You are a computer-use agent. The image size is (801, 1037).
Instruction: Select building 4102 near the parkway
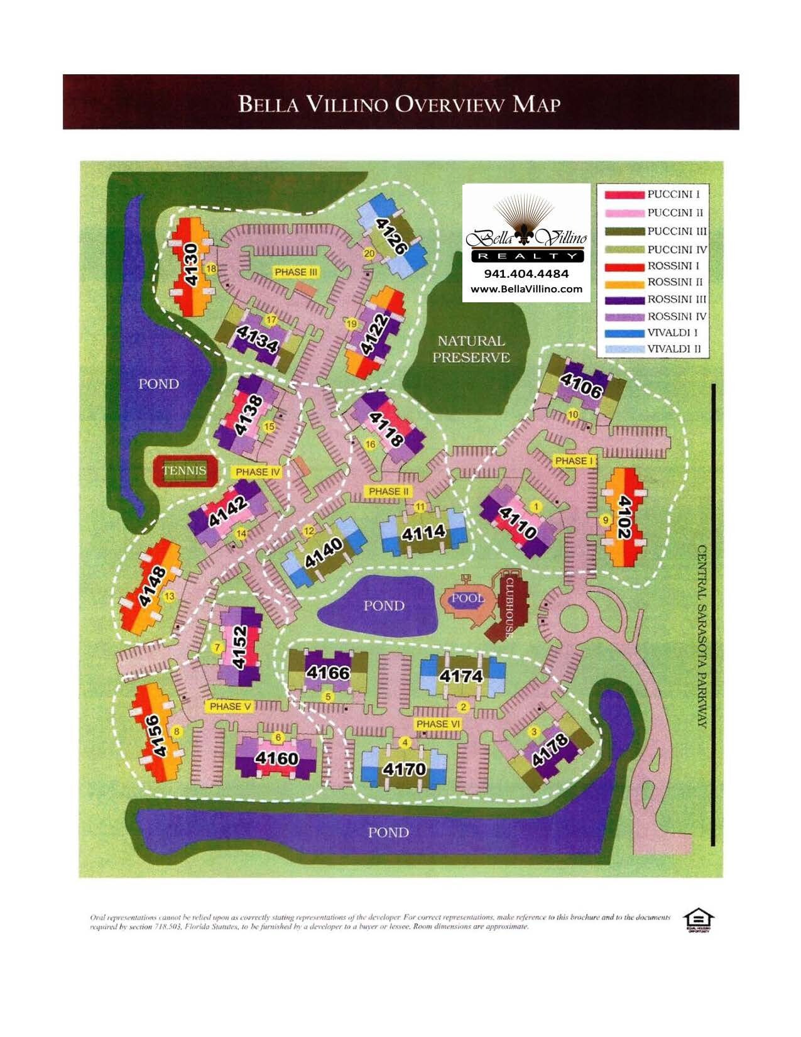coord(623,517)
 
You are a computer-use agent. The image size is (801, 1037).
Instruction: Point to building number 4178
coord(550,749)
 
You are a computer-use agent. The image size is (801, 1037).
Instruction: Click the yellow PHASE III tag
coord(296,272)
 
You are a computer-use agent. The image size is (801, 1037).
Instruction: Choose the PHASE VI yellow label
coord(438,724)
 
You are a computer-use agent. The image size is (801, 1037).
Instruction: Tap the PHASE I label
coord(574,461)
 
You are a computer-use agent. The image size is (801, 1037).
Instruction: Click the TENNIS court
coord(185,471)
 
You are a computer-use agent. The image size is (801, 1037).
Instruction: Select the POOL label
coord(467,598)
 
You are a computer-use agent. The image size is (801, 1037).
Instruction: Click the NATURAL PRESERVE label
coord(471,349)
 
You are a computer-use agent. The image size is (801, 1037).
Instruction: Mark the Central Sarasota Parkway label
coord(702,636)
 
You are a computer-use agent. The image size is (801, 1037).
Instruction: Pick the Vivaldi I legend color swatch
coord(625,333)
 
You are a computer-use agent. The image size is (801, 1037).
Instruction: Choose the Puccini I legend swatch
coord(625,195)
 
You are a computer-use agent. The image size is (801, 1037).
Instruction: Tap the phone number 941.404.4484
coord(526,274)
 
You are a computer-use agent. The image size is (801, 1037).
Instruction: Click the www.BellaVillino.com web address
coord(526,289)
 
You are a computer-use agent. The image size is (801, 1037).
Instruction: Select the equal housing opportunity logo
coord(698,920)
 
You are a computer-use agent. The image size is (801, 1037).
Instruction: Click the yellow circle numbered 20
coord(369,253)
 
